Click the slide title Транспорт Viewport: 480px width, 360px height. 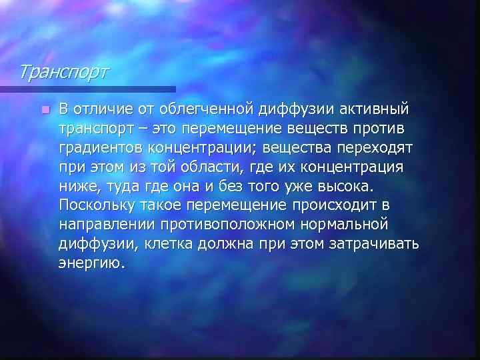[x=61, y=70]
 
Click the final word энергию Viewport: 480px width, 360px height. [x=91, y=262]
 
